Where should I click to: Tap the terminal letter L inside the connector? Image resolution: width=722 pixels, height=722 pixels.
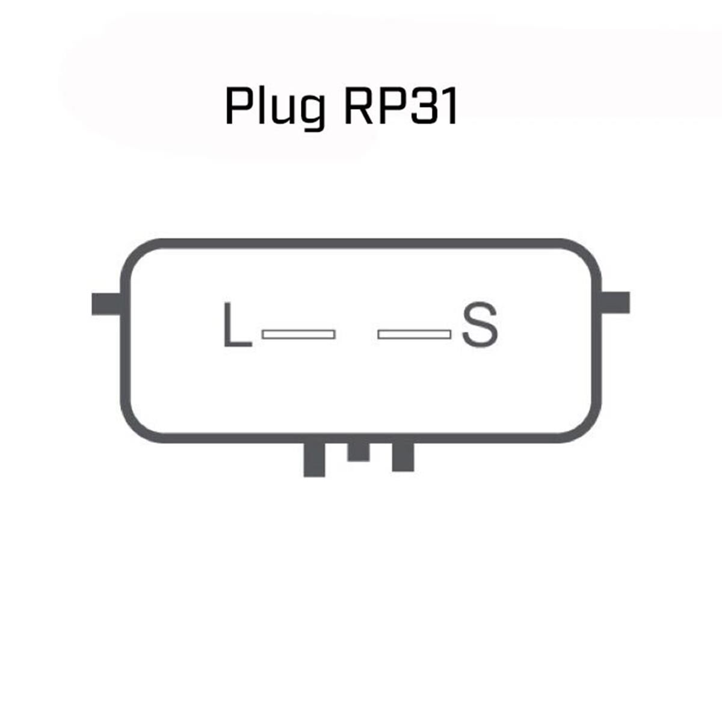(x=236, y=326)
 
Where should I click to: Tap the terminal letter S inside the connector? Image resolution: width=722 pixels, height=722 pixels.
(x=480, y=326)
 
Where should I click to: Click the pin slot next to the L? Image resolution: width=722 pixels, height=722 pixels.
(x=298, y=334)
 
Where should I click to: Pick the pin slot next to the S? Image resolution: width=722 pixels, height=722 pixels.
(x=414, y=334)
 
